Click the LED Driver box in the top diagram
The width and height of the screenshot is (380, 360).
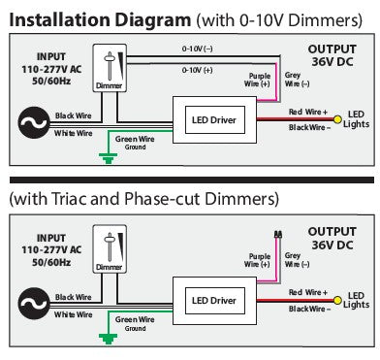click(215, 120)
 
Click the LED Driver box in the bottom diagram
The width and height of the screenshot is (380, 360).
click(215, 301)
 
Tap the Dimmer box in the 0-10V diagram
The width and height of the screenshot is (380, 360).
click(110, 68)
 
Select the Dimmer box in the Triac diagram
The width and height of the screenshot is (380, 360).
click(110, 249)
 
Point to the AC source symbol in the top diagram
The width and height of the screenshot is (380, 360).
click(34, 122)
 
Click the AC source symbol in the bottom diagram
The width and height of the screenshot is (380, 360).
click(34, 304)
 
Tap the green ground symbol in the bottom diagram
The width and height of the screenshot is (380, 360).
click(109, 340)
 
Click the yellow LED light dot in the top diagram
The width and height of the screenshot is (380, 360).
click(337, 119)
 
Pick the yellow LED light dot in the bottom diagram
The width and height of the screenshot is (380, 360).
click(337, 301)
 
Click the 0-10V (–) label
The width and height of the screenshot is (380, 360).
click(197, 49)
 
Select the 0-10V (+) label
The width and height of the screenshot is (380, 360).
click(197, 70)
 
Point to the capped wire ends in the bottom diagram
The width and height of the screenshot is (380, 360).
click(277, 234)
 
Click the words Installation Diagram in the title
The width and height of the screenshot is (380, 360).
click(100, 20)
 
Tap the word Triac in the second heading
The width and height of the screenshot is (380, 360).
click(70, 199)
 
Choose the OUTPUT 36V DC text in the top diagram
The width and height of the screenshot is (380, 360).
click(332, 55)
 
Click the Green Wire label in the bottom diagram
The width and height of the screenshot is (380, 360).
click(135, 319)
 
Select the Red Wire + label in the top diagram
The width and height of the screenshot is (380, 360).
click(308, 112)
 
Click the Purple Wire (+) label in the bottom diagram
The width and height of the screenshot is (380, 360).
click(257, 260)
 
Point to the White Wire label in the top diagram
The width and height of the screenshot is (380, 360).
click(74, 133)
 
